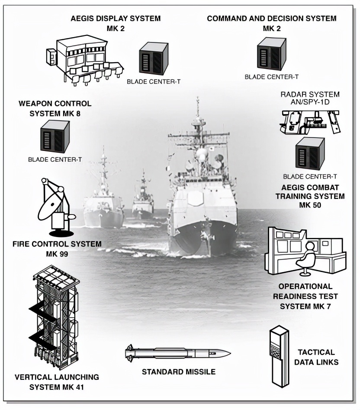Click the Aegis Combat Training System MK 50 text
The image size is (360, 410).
pyautogui.click(x=310, y=196)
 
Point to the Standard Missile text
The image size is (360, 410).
pyautogui.click(x=178, y=372)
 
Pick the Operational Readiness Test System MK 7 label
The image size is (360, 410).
pyautogui.click(x=305, y=296)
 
